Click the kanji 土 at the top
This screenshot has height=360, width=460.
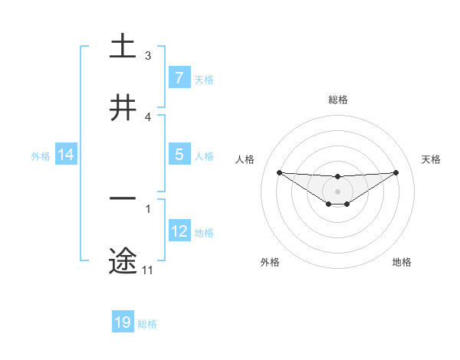123,46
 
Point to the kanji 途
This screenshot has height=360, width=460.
123,261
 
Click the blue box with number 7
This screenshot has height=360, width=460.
179,78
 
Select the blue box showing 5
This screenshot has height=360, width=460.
179,155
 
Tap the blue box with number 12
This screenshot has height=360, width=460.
179,231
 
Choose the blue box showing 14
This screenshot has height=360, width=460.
66,155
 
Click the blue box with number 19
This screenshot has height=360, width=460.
123,322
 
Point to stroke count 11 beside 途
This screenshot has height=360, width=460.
147,270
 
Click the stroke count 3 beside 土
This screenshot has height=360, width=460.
148,56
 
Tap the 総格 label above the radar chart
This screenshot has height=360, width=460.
337,100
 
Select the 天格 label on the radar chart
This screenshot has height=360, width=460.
432,159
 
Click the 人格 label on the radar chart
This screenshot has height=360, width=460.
245,159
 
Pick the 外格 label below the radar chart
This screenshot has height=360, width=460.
270,262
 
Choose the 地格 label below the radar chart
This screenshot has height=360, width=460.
402,262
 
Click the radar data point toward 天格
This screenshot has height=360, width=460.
396,172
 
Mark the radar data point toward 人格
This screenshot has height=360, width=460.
279,172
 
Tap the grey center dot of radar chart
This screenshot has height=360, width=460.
337,191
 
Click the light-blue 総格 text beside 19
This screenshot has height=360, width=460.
147,324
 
